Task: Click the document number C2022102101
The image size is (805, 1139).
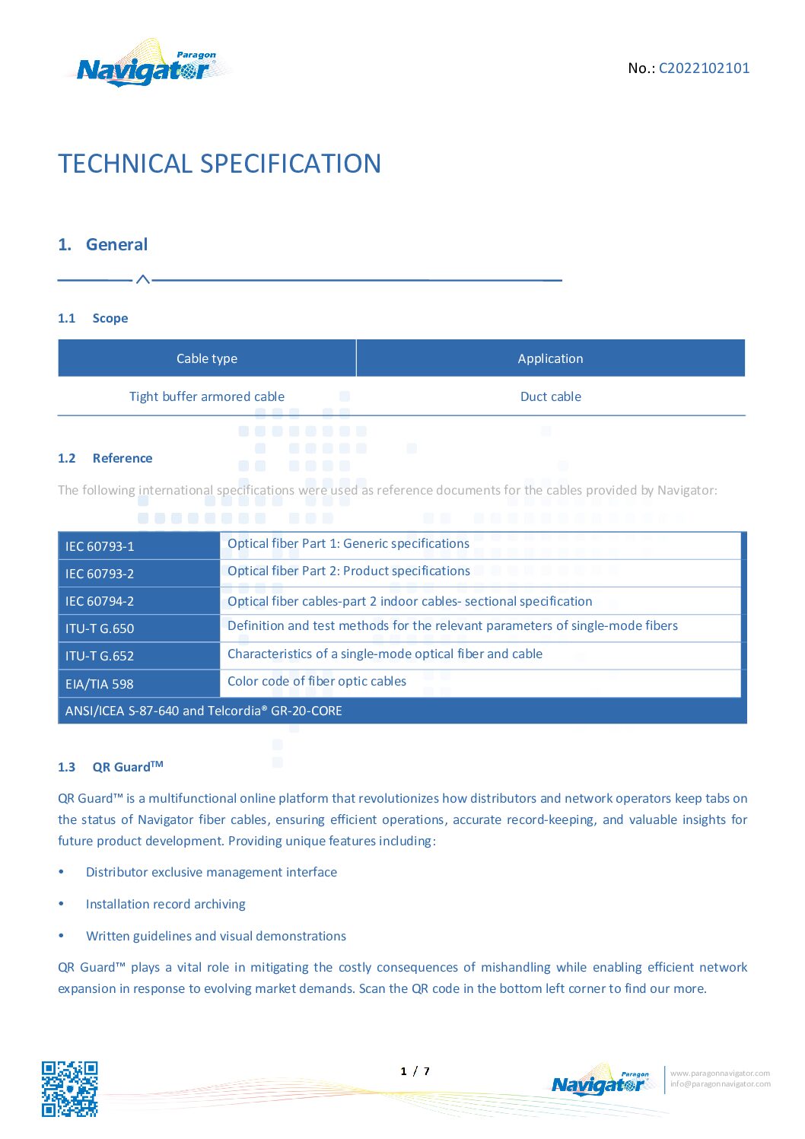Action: pos(704,68)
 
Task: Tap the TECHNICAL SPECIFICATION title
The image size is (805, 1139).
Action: pos(219,164)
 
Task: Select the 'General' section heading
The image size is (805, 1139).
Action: pos(116,245)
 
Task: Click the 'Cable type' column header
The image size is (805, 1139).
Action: pos(207,358)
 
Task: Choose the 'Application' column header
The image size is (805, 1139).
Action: pos(550,358)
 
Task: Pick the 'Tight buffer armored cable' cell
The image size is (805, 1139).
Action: pos(207,396)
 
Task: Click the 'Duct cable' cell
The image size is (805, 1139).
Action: pos(550,396)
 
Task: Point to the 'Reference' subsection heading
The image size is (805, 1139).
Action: pos(122,458)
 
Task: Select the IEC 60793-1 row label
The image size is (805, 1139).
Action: pos(100,546)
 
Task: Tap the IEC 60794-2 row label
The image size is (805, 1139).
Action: pos(100,601)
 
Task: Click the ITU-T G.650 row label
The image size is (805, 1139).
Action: pos(100,628)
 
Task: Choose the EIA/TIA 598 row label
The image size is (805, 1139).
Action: pos(100,684)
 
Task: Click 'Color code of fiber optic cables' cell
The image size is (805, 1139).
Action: pos(317,681)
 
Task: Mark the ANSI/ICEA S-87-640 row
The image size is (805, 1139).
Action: pos(204,711)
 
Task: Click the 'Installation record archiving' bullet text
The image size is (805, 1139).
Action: pos(166,904)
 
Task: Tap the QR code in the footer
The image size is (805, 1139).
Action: pos(69,1089)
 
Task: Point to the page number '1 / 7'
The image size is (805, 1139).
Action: pos(415,1071)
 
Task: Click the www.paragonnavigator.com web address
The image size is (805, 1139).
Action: pos(720,1074)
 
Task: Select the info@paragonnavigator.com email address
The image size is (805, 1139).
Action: pos(720,1084)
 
